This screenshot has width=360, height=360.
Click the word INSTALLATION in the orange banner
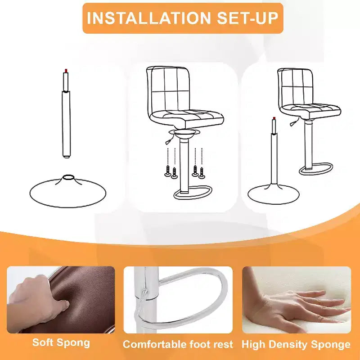click(x=149, y=18)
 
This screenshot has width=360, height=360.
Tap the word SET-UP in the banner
click(x=247, y=18)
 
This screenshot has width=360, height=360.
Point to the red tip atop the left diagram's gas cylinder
click(x=66, y=71)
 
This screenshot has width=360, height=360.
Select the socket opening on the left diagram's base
click(x=68, y=177)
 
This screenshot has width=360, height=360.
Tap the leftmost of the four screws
click(x=167, y=171)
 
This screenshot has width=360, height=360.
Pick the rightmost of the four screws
click(x=202, y=173)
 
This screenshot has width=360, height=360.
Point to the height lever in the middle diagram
click(x=169, y=139)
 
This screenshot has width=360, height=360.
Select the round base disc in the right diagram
click(x=274, y=194)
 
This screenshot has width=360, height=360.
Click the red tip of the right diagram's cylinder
click(x=274, y=118)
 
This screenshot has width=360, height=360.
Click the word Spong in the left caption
click(x=73, y=343)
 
